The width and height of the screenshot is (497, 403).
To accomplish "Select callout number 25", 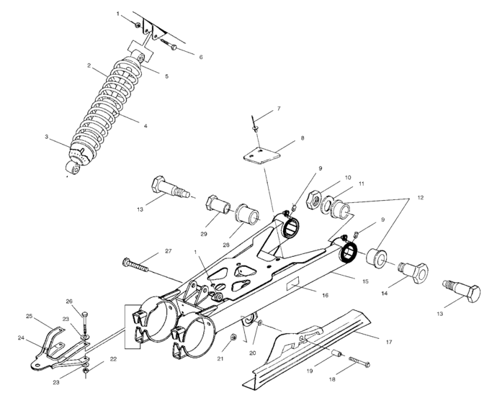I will [30, 316].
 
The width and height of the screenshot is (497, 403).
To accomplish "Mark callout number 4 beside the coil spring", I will [145, 126].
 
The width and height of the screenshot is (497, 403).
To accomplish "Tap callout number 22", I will [113, 358].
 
